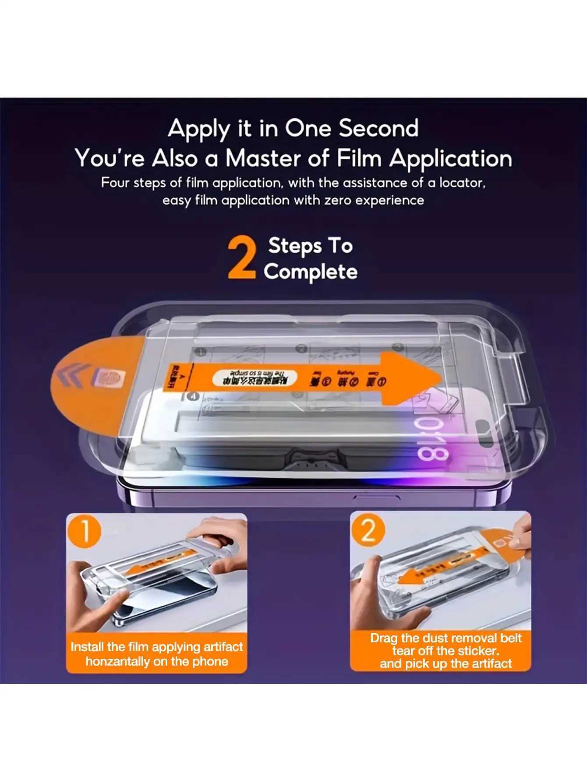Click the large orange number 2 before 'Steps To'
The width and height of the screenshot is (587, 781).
(242, 258)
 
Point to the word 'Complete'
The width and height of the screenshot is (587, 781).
(311, 272)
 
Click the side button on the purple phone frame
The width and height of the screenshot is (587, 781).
(377, 497)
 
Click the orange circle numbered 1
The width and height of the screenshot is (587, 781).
(85, 531)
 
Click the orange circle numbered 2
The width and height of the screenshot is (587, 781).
(368, 531)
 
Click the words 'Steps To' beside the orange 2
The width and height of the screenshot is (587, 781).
(310, 245)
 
